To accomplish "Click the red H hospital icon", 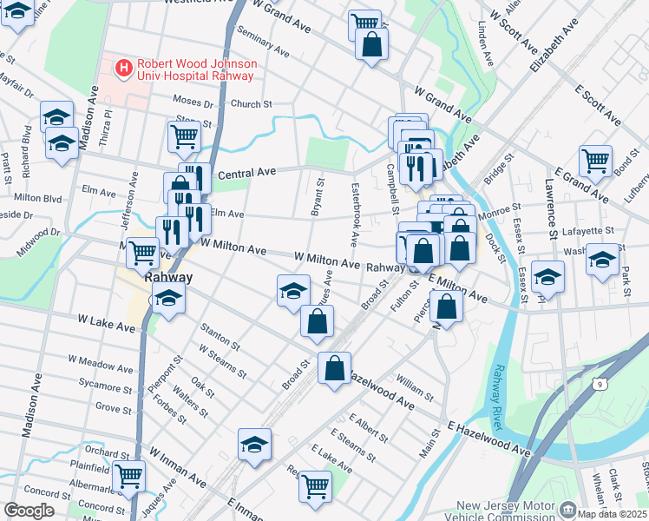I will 124,67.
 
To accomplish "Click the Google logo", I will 29,510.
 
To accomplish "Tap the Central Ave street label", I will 246,173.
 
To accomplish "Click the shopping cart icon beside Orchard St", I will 129,476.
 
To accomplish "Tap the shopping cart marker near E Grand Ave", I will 595,160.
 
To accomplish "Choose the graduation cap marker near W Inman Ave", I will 255,444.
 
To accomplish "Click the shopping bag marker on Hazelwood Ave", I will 334,368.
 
